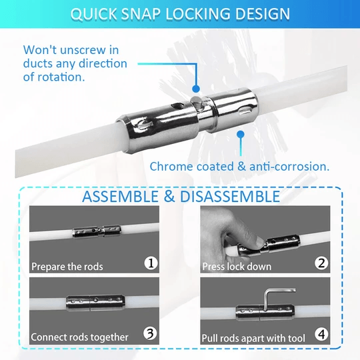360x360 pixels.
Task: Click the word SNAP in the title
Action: click(x=141, y=14)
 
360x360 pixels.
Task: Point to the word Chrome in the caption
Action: click(x=171, y=166)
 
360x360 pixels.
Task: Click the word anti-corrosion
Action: click(x=289, y=166)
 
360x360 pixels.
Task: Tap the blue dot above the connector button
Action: click(x=196, y=89)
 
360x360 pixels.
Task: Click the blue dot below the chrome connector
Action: click(x=241, y=135)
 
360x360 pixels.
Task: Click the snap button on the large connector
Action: click(x=197, y=102)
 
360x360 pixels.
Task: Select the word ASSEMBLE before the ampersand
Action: click(x=120, y=197)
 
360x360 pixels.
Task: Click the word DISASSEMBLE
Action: click(x=230, y=197)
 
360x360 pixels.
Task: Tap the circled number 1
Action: click(x=151, y=263)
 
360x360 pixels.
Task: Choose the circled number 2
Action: click(x=321, y=263)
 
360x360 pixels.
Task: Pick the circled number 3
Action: click(x=150, y=333)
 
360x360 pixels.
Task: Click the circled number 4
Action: click(x=321, y=335)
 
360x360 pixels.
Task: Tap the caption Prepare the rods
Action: click(x=67, y=267)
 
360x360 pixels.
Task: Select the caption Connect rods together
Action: click(x=79, y=337)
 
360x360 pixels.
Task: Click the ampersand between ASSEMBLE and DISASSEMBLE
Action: click(x=169, y=197)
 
